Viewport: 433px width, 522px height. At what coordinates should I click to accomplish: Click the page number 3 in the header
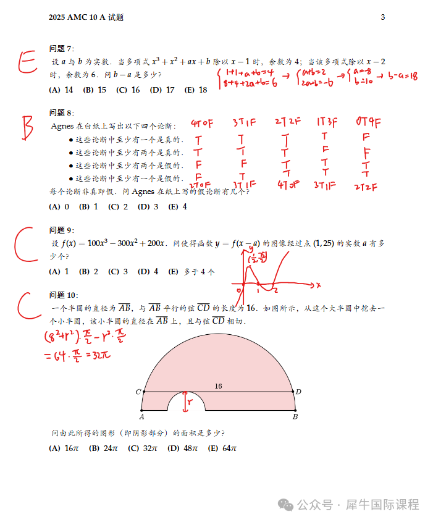coord(382,17)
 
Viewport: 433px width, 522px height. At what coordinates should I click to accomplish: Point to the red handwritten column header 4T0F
coord(202,122)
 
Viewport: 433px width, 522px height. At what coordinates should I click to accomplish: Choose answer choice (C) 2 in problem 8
coord(117,207)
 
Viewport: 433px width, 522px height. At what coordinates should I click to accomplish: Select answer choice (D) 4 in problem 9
coord(148,271)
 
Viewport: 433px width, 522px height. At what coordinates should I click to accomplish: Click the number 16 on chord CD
coord(218,386)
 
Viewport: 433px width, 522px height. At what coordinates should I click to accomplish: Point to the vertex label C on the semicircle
coord(138,392)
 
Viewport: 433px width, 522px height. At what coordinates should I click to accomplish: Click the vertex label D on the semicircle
coord(298,392)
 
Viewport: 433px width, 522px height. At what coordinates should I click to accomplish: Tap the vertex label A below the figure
coord(141,417)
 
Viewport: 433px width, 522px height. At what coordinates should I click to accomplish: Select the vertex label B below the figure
coord(295,417)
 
